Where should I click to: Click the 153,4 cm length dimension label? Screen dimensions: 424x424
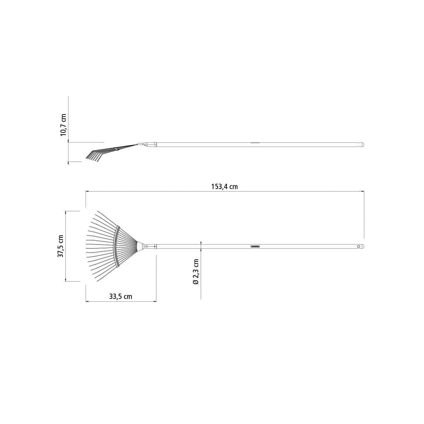[224, 187]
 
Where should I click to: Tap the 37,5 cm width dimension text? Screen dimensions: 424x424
[60, 246]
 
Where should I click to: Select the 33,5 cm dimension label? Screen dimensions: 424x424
[120, 296]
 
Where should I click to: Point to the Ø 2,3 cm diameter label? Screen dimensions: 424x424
[196, 271]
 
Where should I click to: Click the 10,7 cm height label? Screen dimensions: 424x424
[63, 125]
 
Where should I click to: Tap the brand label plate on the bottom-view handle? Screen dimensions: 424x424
[255, 246]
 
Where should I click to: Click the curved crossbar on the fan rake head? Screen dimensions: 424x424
[117, 246]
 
